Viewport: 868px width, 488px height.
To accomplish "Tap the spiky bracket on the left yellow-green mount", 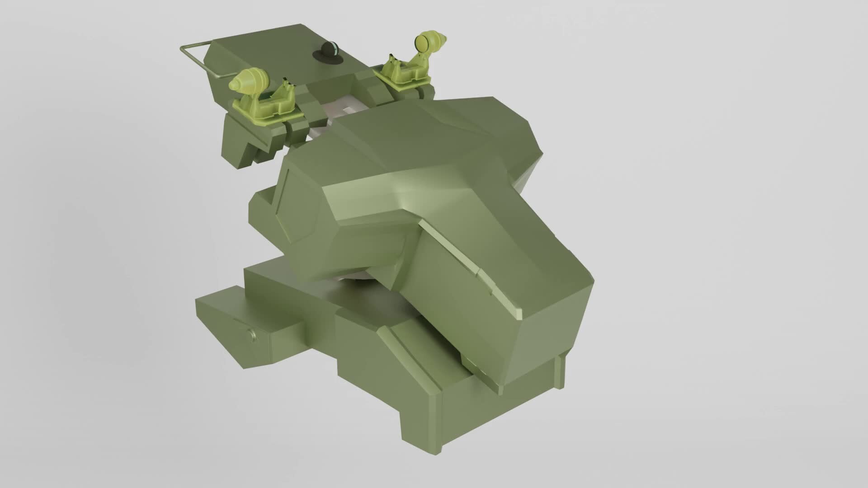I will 286,86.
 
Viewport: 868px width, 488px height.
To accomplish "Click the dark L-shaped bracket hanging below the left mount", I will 240,145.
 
